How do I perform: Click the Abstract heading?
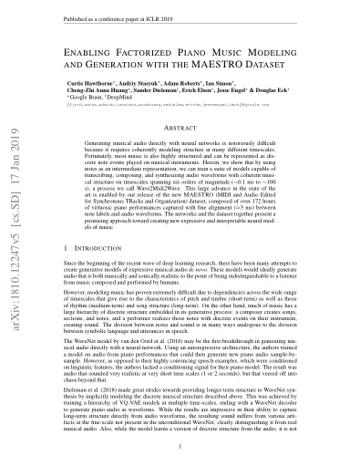(x=180, y=130)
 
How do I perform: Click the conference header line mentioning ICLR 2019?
(x=118, y=16)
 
